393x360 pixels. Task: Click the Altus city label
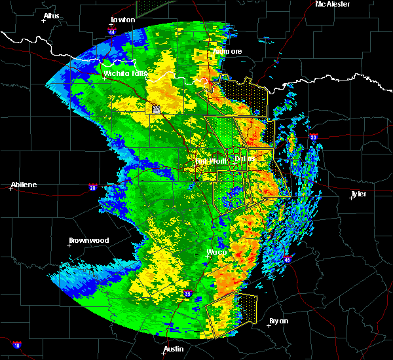tap(51, 16)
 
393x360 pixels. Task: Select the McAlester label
tap(332, 4)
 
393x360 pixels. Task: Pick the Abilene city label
tap(24, 185)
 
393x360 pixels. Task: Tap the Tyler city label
tap(358, 194)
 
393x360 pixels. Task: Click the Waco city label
tap(217, 253)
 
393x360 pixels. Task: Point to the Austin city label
tap(174, 349)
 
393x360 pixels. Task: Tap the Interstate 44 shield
tap(112, 31)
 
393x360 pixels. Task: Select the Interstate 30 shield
tap(314, 137)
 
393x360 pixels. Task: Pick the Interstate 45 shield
tap(287, 260)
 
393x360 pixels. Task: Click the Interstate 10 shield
tap(16, 345)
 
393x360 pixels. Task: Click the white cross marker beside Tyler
tap(352, 199)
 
